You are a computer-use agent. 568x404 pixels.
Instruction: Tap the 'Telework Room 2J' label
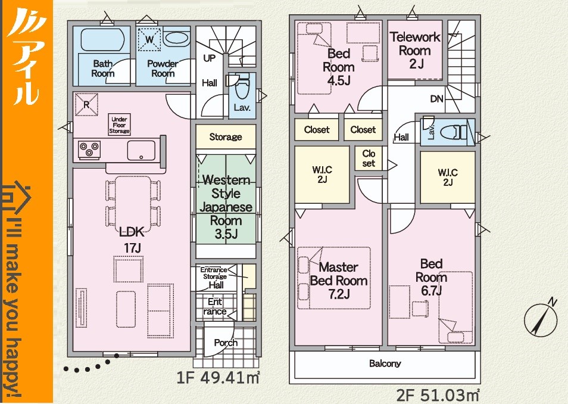[x=415, y=51]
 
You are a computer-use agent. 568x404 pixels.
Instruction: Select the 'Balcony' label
[x=385, y=363]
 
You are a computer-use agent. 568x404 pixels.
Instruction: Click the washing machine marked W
[x=149, y=39]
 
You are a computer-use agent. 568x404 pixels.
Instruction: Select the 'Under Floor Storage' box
[x=119, y=125]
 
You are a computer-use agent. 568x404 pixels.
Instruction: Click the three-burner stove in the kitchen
[x=89, y=148]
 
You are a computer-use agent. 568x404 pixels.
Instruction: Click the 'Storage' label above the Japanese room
[x=226, y=137]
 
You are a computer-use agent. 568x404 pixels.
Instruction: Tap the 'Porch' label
[x=226, y=343]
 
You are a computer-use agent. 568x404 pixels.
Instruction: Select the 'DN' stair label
[x=436, y=99]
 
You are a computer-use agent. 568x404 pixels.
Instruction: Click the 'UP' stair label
[x=209, y=58]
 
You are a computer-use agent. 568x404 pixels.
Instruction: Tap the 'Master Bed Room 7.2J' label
[x=338, y=280]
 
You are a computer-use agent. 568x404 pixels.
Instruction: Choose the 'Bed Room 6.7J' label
[x=431, y=277]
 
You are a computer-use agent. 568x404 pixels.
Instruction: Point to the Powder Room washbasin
[x=176, y=38]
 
